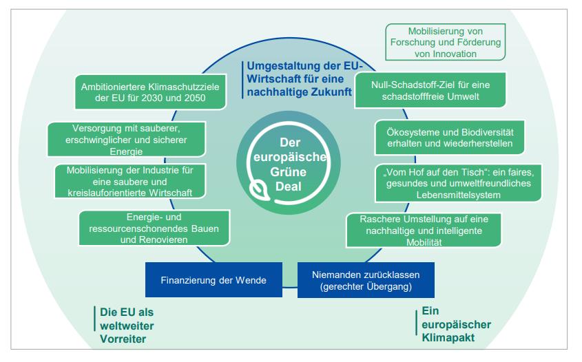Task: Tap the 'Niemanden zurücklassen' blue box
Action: [357, 280]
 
